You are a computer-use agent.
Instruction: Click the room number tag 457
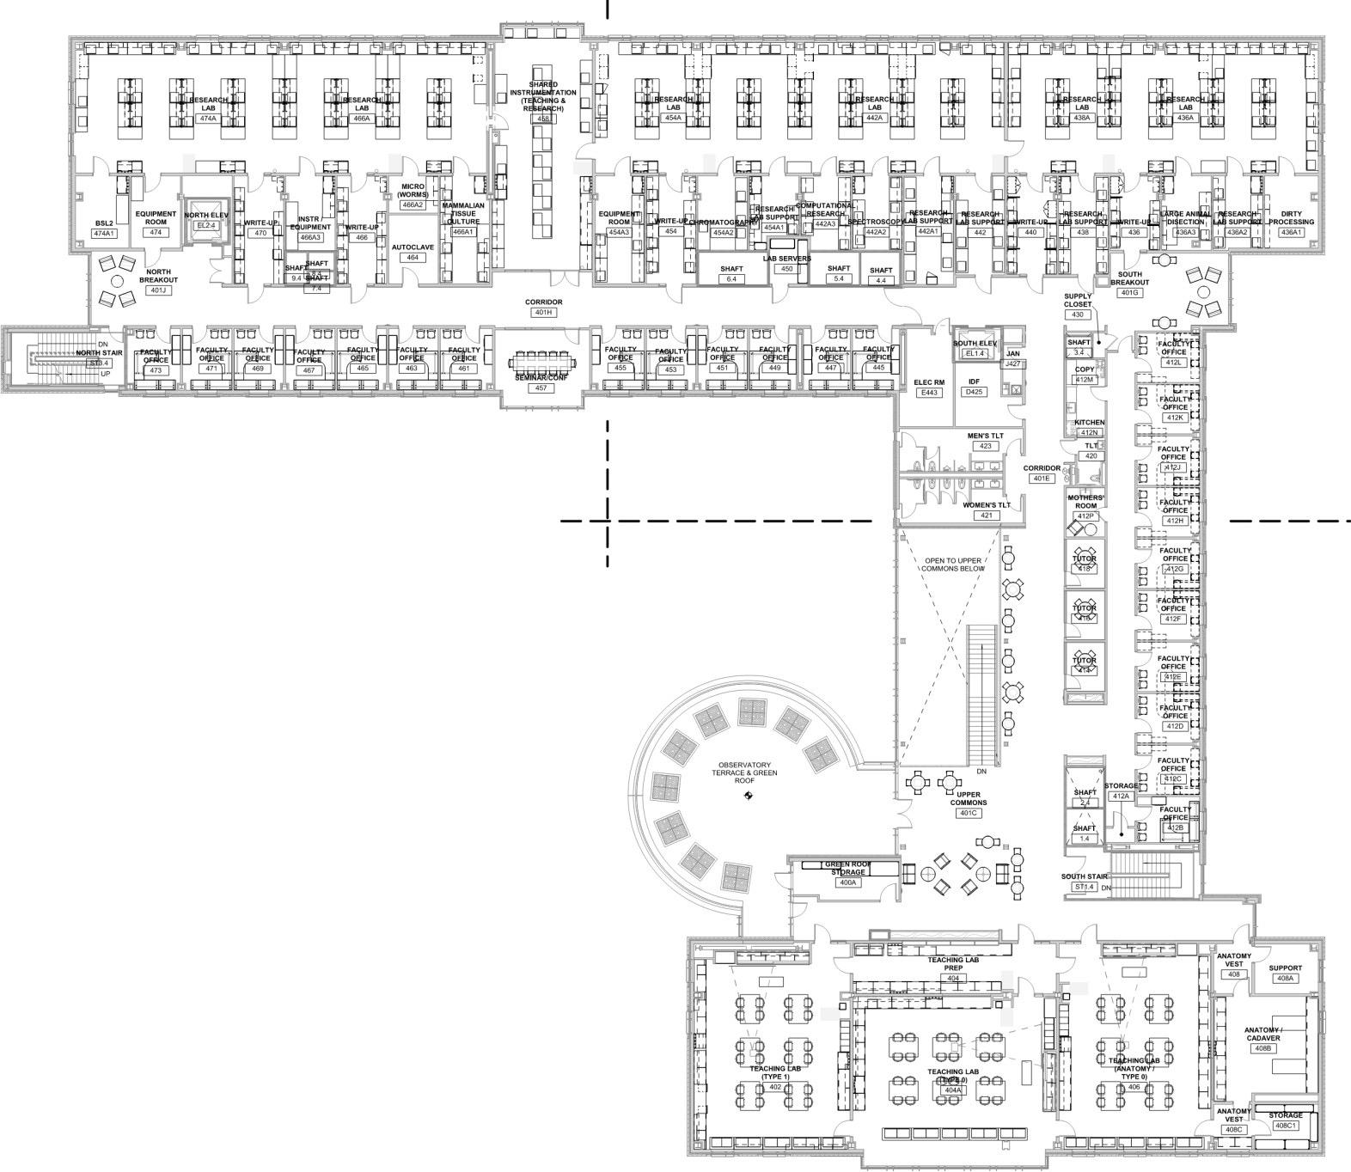point(541,388)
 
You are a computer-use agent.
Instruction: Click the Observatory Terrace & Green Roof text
point(746,770)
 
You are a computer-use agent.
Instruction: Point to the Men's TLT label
point(985,436)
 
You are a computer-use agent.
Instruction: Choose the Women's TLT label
point(986,505)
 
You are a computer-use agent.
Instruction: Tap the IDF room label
point(974,382)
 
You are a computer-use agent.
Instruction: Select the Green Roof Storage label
point(847,869)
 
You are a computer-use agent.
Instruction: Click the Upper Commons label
point(969,798)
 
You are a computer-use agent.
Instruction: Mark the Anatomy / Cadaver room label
point(1262,1034)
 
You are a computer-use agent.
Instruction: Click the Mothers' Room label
point(1085,502)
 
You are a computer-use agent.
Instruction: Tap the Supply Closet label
point(1078,300)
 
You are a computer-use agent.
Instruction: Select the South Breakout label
point(1129,278)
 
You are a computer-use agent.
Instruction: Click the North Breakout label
point(158,276)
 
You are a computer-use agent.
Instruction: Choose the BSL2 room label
point(105,223)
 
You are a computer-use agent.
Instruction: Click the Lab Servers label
point(786,259)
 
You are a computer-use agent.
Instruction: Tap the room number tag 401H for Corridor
point(543,313)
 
